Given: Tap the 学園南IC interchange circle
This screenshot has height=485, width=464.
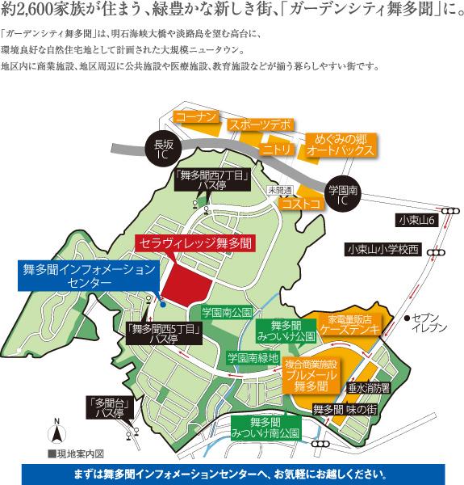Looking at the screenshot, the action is tap(341, 192).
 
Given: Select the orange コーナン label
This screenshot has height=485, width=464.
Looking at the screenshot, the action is tap(197, 117).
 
